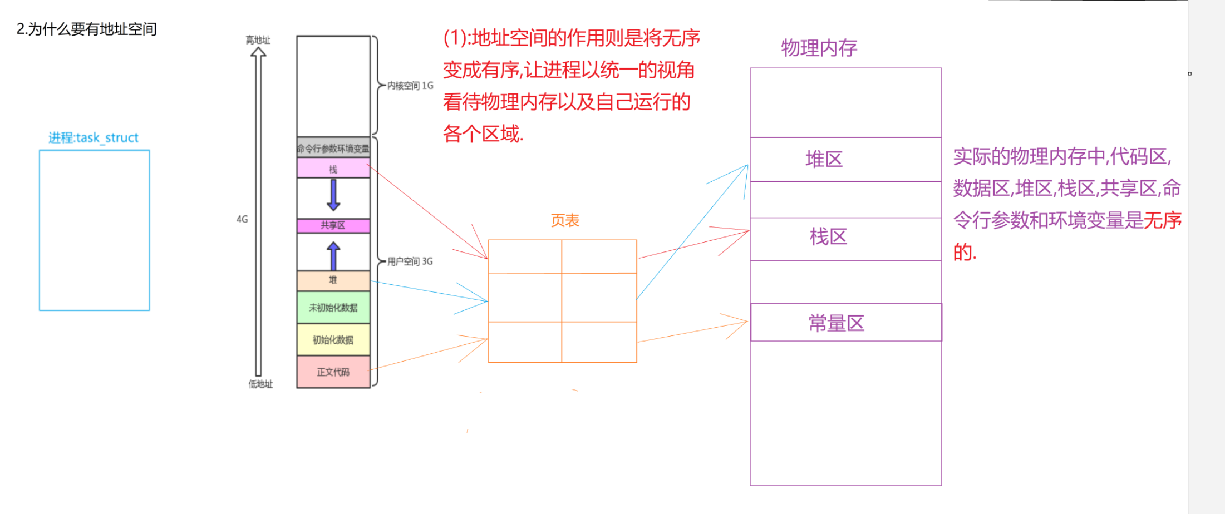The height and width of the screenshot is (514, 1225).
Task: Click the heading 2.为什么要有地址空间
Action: pos(86,29)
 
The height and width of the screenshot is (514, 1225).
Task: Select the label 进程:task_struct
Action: pos(93,137)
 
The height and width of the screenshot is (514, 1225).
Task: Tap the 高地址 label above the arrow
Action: pos(258,40)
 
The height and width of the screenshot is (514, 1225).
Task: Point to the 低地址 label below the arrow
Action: pos(260,384)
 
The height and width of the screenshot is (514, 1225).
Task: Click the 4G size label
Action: pos(242,219)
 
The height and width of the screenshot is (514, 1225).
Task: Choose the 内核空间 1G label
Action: pos(410,86)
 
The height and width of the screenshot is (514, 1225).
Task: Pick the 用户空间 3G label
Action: pos(410,261)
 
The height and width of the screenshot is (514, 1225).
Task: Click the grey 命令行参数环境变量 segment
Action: pos(333,148)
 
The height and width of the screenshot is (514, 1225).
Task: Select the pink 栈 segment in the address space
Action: pos(333,169)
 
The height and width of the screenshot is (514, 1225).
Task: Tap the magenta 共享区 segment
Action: pos(333,225)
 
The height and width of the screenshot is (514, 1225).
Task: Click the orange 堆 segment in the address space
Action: pos(333,280)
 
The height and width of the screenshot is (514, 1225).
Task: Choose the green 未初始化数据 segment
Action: pos(333,308)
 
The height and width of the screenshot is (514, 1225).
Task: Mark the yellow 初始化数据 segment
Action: pos(333,340)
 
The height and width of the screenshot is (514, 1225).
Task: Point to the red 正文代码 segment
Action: pos(333,372)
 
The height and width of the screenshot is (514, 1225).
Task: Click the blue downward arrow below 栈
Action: pos(333,195)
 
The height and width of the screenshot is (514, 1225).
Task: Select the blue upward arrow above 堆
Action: pos(333,255)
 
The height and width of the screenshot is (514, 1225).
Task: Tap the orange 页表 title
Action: pos(565,221)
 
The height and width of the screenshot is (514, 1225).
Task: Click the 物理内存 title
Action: pos(819,48)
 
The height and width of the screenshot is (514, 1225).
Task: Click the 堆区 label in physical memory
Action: pos(824,160)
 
